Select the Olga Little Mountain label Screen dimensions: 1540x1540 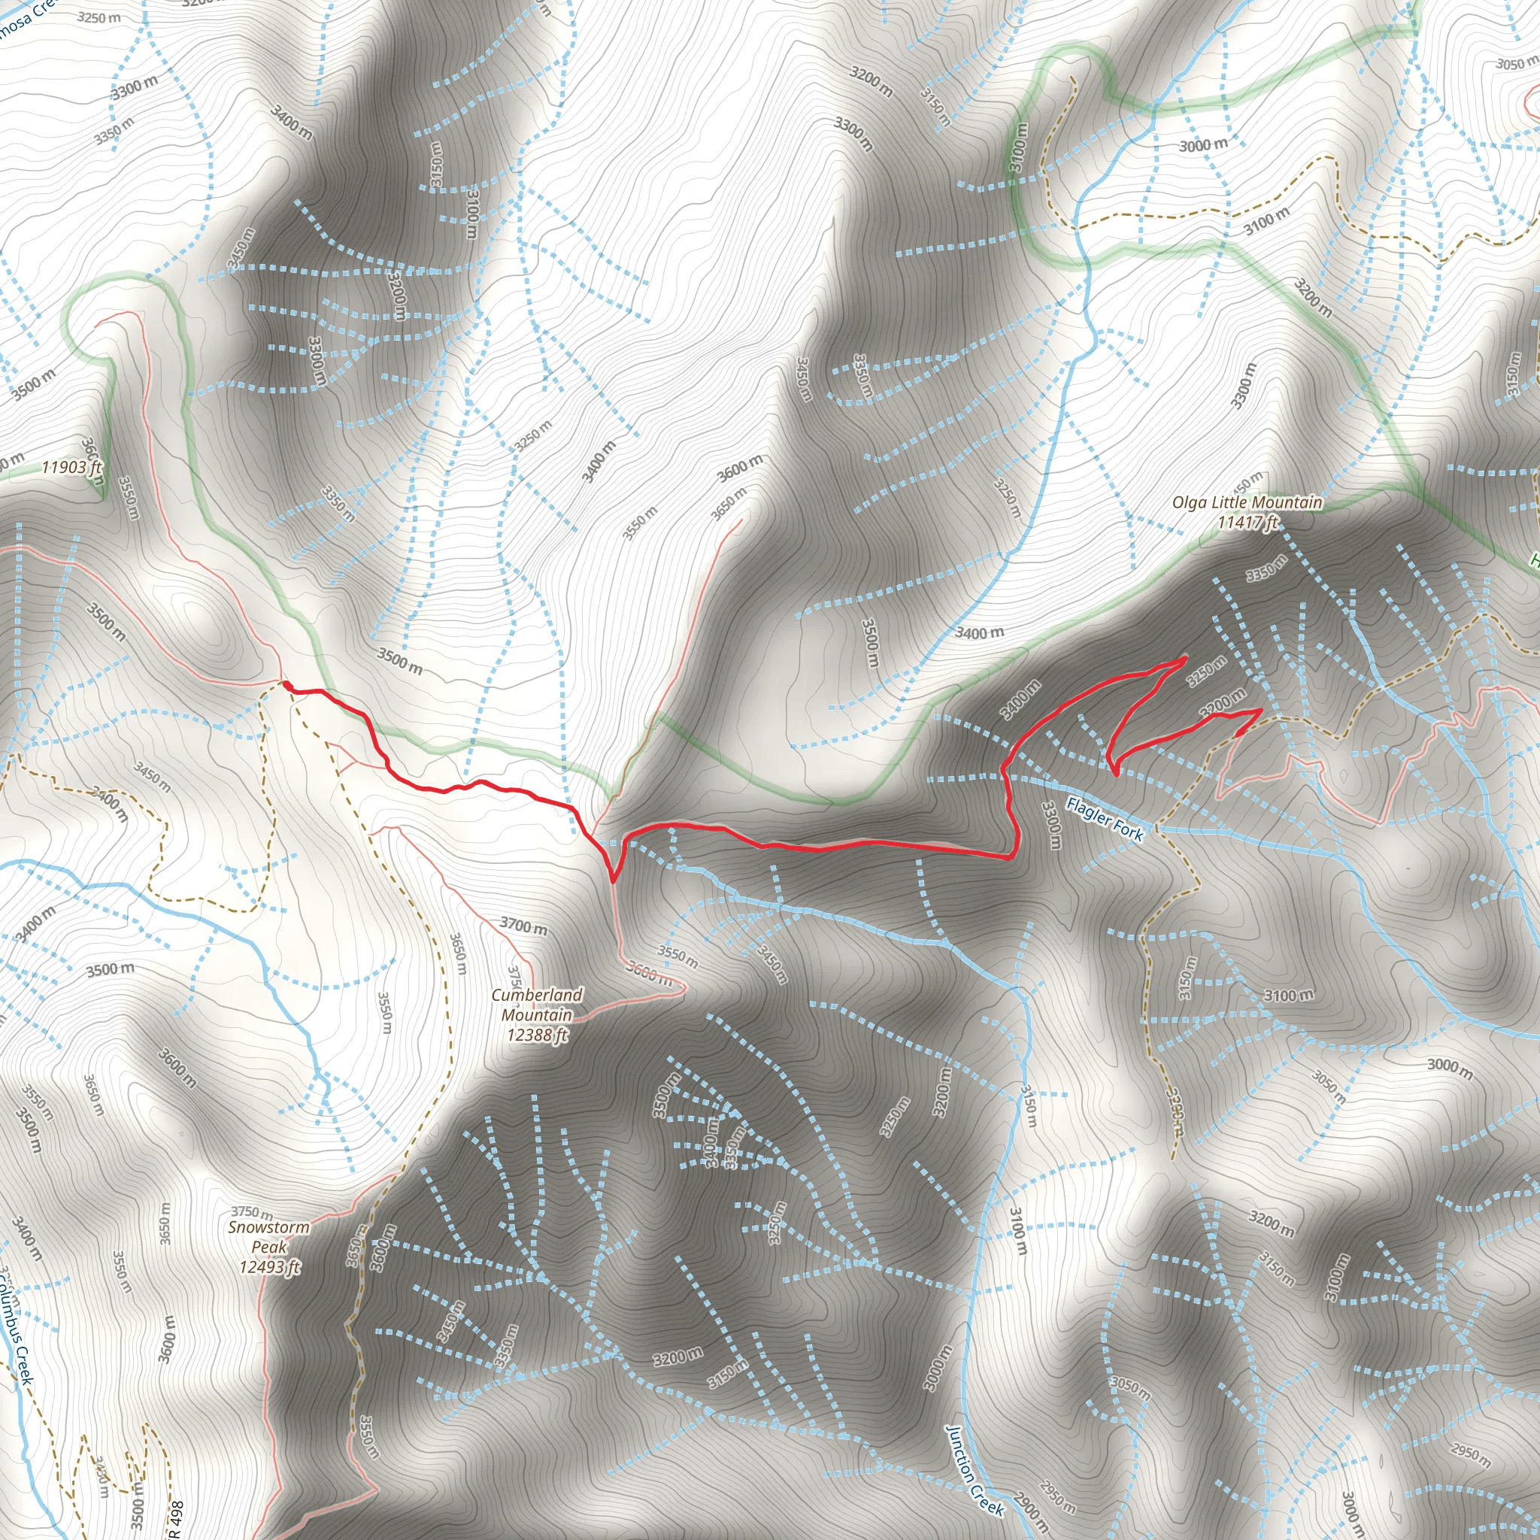1247,502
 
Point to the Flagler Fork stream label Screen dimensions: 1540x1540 1105,820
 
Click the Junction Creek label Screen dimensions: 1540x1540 974,1469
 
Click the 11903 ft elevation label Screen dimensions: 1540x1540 71,467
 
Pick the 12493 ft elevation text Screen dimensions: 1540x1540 270,1266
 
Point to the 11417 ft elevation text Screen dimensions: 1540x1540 1247,523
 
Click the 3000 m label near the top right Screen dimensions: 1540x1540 1204,145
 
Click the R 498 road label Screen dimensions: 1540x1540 177,1519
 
